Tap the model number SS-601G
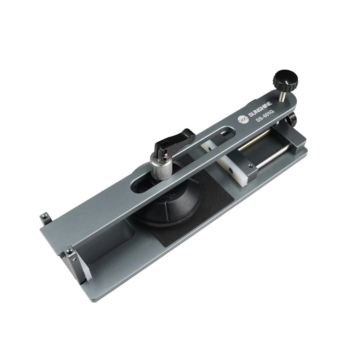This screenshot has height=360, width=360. point(265,116)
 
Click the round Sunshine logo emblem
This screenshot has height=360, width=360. point(243,119)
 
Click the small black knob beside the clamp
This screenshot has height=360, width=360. point(291,118)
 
